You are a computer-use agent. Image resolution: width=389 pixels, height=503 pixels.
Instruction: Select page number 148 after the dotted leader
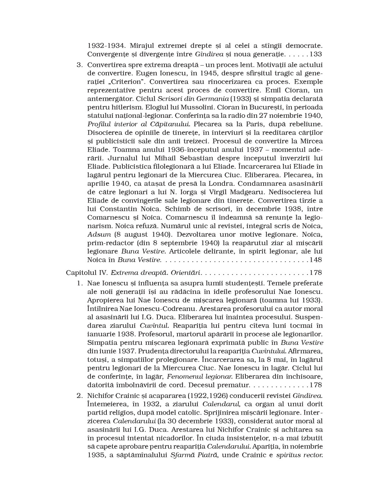[x=316, y=260]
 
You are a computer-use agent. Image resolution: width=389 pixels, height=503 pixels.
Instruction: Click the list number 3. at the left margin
[x=80, y=65]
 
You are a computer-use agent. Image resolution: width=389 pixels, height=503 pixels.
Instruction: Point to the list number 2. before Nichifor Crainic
[x=80, y=395]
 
